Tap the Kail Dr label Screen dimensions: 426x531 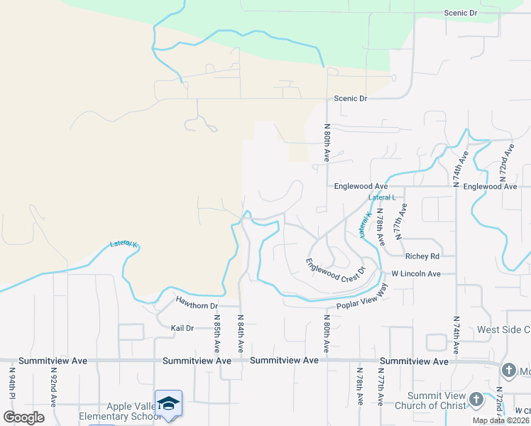[x=182, y=328]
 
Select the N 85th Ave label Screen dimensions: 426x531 [x=217, y=334]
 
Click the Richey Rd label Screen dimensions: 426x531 [x=422, y=256]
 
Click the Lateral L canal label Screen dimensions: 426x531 [x=387, y=197]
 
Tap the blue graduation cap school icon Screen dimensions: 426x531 [x=168, y=403]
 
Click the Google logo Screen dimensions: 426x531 [x=23, y=417]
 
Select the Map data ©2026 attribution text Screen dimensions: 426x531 [x=500, y=420]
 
